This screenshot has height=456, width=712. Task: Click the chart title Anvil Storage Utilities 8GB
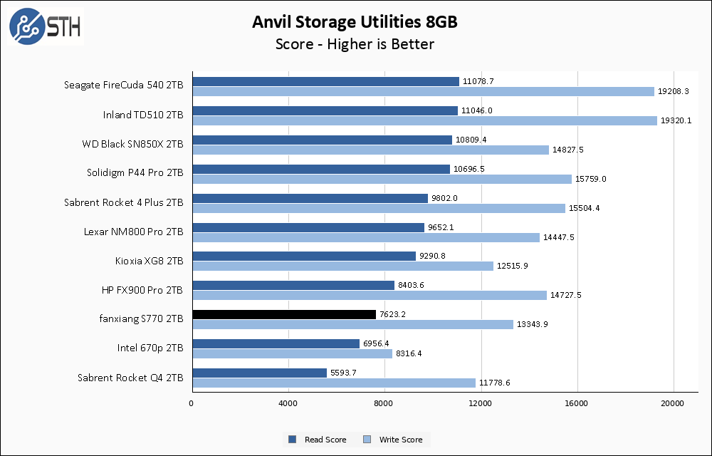(355, 22)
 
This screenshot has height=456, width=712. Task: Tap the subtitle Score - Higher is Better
(355, 44)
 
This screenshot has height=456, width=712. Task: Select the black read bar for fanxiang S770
(284, 314)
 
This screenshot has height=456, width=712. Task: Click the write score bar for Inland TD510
(424, 120)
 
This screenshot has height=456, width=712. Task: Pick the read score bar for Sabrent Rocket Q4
(259, 373)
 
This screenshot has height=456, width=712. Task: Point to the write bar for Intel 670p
(292, 353)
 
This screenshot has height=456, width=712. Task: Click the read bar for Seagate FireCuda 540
(325, 81)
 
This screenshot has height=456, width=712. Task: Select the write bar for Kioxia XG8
(342, 266)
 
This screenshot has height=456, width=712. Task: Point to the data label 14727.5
(567, 296)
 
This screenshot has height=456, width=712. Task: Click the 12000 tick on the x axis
(481, 404)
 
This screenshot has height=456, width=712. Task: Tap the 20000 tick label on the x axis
(673, 404)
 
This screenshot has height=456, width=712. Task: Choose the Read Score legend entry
(317, 440)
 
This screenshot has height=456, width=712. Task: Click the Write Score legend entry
(394, 440)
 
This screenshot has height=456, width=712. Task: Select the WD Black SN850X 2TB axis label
(132, 144)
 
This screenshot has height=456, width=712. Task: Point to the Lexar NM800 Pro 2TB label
(134, 232)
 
